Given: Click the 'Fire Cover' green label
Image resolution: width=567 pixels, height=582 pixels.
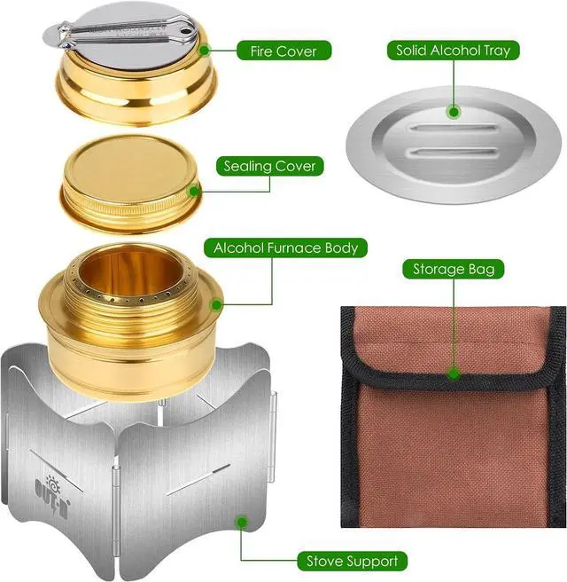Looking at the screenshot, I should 283,51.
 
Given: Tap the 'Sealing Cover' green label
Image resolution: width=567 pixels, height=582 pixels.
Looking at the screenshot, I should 269,166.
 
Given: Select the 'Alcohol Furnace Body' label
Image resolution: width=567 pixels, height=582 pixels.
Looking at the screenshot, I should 284,248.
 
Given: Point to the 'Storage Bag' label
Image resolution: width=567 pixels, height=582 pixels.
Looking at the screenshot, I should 454,268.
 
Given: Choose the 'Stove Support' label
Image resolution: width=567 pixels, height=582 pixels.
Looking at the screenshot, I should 352,561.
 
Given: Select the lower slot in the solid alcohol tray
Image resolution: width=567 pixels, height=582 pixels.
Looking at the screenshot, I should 453,153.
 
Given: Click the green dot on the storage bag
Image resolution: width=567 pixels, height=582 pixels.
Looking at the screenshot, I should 454,375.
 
